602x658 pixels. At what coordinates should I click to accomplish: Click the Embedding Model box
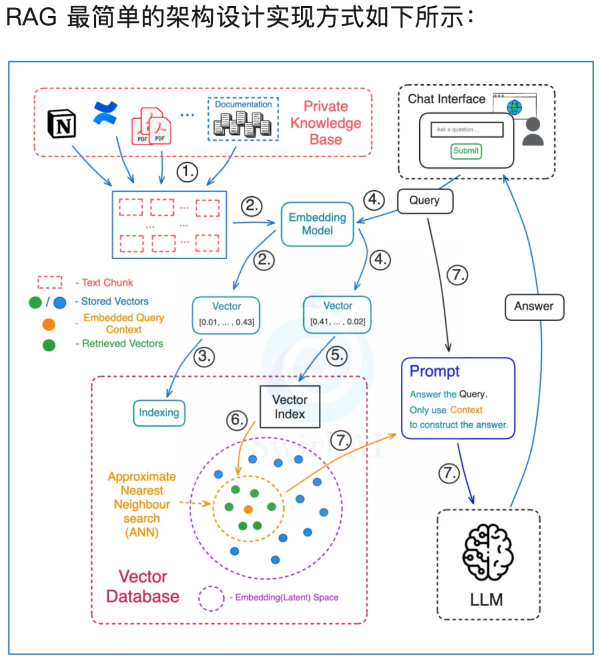[x=317, y=224]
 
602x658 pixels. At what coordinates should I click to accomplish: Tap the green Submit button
[x=466, y=151]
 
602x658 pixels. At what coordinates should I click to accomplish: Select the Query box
[x=425, y=201]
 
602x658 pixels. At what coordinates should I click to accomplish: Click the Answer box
[x=534, y=307]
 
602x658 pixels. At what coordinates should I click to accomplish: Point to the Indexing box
[x=159, y=413]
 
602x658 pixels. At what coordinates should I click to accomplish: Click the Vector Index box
[x=290, y=407]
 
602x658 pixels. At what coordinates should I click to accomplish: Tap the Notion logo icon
[x=62, y=124]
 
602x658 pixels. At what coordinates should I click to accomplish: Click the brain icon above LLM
[x=488, y=552]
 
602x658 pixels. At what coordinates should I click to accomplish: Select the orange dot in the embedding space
[x=249, y=510]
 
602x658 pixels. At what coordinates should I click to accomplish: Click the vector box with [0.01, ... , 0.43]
[x=226, y=316]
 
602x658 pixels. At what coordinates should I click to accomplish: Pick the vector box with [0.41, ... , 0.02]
[x=337, y=315]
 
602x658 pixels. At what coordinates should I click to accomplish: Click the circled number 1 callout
[x=187, y=172]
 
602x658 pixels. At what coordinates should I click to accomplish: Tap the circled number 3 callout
[x=204, y=357]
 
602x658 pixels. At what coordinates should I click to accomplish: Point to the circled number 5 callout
[x=337, y=356]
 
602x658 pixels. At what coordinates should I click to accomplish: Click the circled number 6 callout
[x=237, y=420]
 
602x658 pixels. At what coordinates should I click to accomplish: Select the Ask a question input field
[x=467, y=130]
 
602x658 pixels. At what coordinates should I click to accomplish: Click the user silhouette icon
[x=533, y=132]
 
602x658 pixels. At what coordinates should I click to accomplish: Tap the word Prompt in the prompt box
[x=435, y=371]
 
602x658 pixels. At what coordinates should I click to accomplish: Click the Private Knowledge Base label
[x=326, y=123]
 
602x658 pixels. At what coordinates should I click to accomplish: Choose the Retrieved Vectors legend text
[x=123, y=343]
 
